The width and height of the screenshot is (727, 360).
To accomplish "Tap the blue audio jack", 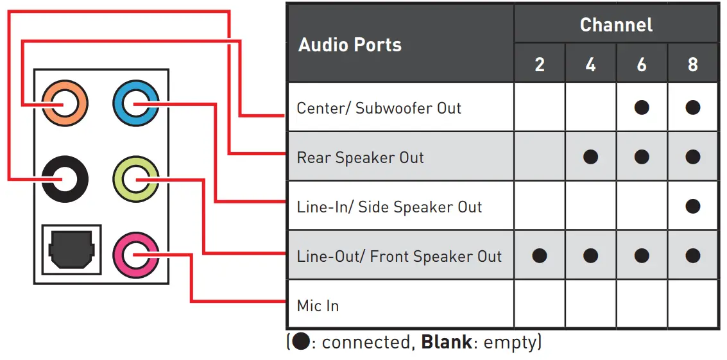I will point(135,103).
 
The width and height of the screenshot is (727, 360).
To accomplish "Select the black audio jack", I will point(64,180).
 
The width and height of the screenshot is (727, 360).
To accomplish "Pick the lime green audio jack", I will point(135,180).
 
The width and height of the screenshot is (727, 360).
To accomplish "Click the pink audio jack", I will point(135,255).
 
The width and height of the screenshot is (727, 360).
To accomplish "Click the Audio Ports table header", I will point(350,45).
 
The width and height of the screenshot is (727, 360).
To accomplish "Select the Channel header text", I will point(616,25).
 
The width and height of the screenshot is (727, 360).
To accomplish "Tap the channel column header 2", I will point(540,65).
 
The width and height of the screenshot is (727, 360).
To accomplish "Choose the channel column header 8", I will point(692,65).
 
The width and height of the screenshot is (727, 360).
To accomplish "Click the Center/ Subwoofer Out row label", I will point(379,108).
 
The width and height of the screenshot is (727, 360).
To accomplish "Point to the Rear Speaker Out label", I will point(360,158).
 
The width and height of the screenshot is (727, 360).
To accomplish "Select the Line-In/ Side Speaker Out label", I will point(389,207).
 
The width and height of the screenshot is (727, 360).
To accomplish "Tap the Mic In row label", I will point(318,305).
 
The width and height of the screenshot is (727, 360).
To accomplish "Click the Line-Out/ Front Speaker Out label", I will point(399,257).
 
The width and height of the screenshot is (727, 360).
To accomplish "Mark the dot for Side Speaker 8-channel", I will point(692,206).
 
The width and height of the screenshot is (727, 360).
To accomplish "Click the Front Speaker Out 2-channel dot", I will point(540,255).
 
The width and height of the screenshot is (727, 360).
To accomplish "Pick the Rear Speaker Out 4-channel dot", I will point(590,157).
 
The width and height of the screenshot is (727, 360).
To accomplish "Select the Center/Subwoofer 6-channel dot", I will point(642,107).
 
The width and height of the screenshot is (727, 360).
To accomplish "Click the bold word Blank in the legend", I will point(446,342).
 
